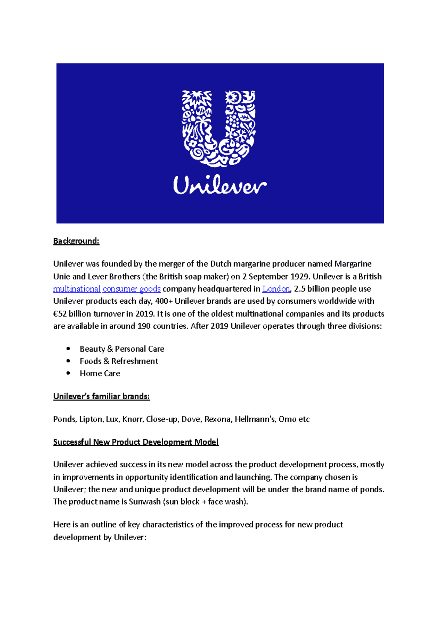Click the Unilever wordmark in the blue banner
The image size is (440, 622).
click(x=220, y=186)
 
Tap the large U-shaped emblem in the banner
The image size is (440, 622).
click(x=219, y=128)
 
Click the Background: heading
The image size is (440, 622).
click(x=76, y=241)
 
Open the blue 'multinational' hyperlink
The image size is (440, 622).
click(x=77, y=289)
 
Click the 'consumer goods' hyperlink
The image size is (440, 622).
click(x=132, y=289)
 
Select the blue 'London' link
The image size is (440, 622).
click(x=276, y=289)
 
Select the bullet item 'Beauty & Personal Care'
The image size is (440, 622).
click(x=122, y=349)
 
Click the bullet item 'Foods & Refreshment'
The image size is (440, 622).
click(x=119, y=361)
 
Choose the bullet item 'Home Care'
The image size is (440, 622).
click(x=100, y=374)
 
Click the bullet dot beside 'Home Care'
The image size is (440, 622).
click(x=68, y=373)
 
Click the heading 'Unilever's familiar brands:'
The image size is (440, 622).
click(x=102, y=396)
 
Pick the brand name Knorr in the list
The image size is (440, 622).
click(x=132, y=419)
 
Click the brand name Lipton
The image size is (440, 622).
click(x=91, y=419)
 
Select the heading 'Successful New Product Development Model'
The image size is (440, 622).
click(x=136, y=442)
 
